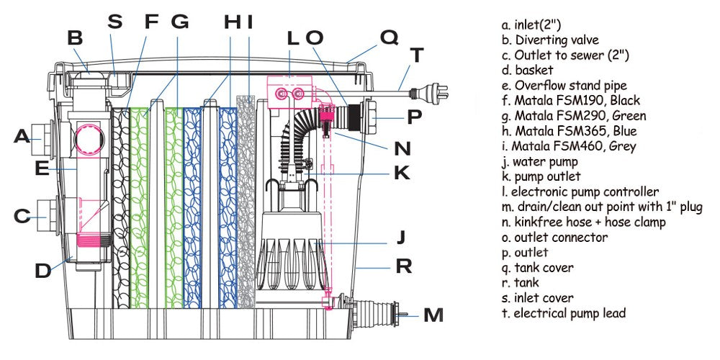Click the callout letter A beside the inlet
coord(22,135)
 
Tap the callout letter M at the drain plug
coord(433,315)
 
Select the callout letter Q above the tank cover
coord(389,37)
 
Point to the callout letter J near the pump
coord(401,236)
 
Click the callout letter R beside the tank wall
coord(403,267)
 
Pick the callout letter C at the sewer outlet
coord(22,215)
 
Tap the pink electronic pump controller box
coord(290,93)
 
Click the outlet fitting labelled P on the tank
coord(373,115)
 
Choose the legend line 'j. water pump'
coord(540,161)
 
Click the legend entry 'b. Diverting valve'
coord(551,40)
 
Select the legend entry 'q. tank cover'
coord(539,268)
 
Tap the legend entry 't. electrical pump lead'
coord(564,313)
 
